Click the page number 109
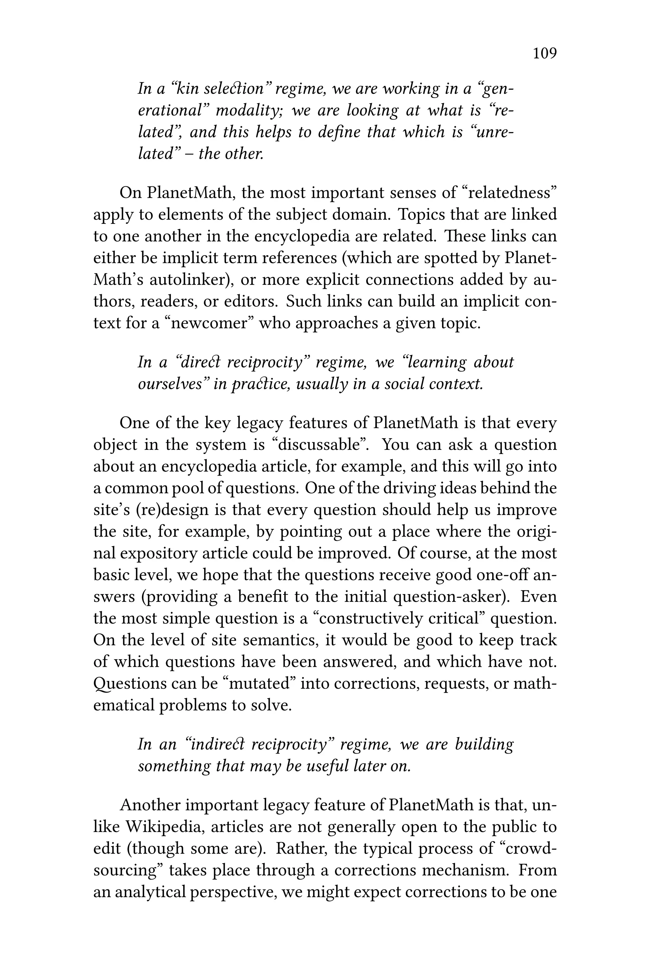(544, 53)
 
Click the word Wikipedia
(164, 827)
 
